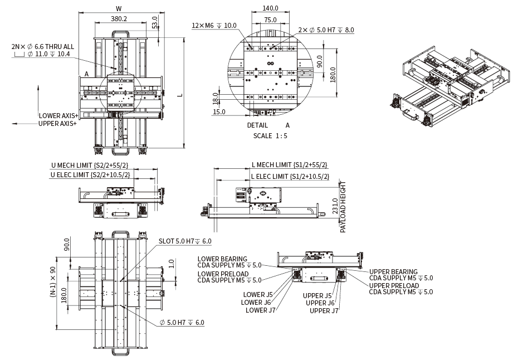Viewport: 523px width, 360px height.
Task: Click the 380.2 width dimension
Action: [x=119, y=18]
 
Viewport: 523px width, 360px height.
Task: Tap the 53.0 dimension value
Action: [x=154, y=23]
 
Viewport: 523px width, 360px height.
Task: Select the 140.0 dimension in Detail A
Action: [x=270, y=8]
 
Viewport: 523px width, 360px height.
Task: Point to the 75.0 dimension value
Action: [x=270, y=20]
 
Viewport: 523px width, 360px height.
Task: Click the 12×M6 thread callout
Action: [x=214, y=26]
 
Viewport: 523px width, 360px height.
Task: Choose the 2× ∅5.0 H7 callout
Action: [x=326, y=30]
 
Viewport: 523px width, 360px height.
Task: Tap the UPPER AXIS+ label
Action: [x=57, y=123]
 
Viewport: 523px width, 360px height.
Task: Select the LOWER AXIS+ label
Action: [x=58, y=115]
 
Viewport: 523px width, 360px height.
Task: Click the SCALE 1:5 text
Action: [x=270, y=135]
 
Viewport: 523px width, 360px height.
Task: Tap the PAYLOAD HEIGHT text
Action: [x=343, y=206]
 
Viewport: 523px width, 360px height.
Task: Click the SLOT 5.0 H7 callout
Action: [x=185, y=241]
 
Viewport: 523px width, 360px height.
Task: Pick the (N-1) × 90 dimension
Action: [x=53, y=284]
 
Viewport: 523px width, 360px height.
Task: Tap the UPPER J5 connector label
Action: [x=317, y=295]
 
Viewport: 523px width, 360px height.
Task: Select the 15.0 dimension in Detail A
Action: [x=219, y=111]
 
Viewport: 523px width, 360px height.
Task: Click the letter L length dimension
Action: [x=179, y=95]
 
